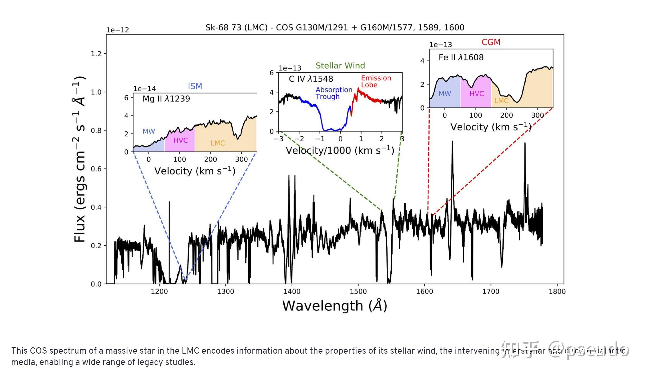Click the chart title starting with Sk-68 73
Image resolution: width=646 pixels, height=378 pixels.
(335, 27)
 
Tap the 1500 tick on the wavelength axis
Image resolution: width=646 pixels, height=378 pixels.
(358, 291)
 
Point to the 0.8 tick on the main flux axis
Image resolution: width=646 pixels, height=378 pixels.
(96, 130)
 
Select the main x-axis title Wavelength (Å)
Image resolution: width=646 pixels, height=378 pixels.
(335, 306)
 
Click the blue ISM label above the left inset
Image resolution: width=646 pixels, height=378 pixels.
(195, 86)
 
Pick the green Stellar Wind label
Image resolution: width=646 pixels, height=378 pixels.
(340, 66)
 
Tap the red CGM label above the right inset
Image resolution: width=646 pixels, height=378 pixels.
(491, 42)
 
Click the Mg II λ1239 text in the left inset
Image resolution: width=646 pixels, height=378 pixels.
(166, 99)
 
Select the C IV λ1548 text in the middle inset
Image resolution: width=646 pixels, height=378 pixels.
(311, 79)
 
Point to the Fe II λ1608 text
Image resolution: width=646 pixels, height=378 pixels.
(461, 57)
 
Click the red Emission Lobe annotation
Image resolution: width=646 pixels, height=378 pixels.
(376, 81)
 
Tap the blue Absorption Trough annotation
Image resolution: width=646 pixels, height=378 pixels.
(334, 93)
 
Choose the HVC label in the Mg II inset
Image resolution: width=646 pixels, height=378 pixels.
(181, 140)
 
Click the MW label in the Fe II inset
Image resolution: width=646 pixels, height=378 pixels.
(445, 94)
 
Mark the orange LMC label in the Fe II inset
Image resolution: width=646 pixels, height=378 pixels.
(501, 101)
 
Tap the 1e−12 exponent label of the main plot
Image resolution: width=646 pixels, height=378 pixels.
(118, 30)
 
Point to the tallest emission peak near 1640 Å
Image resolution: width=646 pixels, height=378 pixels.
(452, 142)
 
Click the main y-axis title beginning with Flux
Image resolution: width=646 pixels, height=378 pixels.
(80, 159)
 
